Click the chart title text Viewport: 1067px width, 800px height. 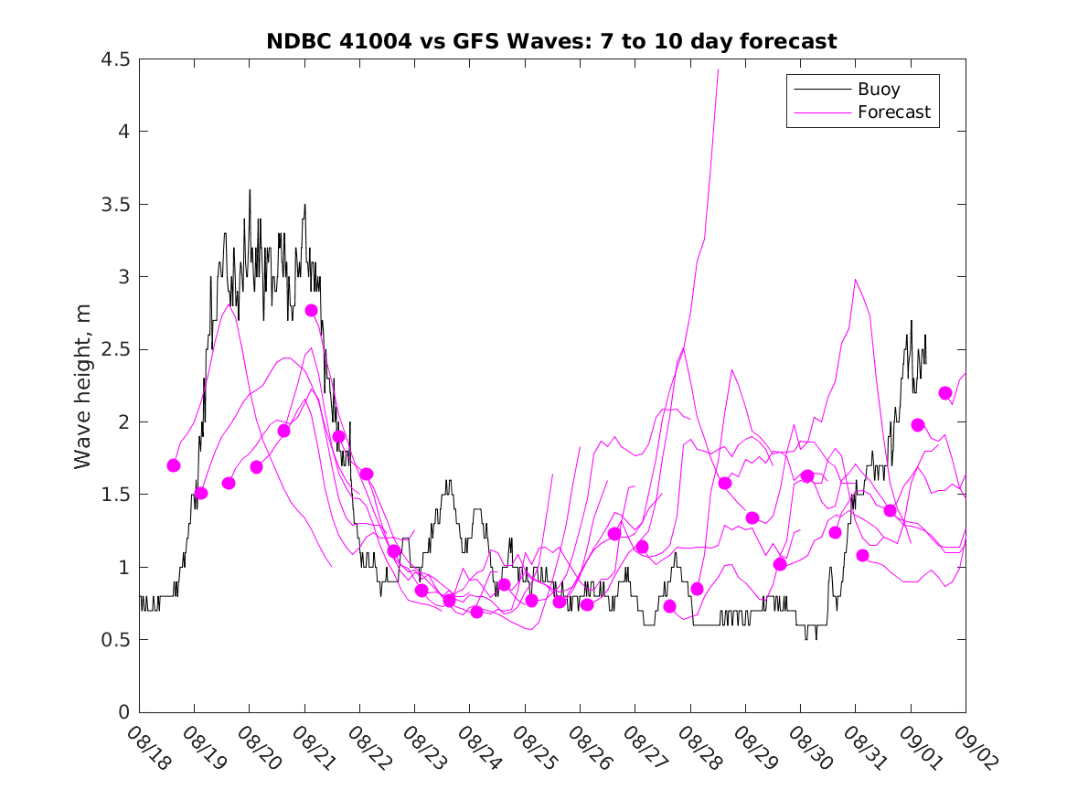pos(551,41)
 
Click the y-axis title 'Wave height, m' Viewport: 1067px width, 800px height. pos(83,386)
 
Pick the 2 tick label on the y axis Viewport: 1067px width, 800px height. pos(124,422)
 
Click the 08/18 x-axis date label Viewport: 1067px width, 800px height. pos(146,749)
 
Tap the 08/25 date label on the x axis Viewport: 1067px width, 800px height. pos(532,749)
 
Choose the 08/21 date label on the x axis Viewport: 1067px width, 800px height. pos(312,749)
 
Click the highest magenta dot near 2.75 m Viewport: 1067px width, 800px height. pos(311,310)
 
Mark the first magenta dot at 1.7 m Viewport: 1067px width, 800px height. pos(174,465)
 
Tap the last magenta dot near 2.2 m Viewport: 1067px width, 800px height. pos(945,393)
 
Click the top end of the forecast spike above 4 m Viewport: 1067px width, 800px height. pos(718,70)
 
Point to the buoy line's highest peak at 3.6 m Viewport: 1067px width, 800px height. pos(250,190)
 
